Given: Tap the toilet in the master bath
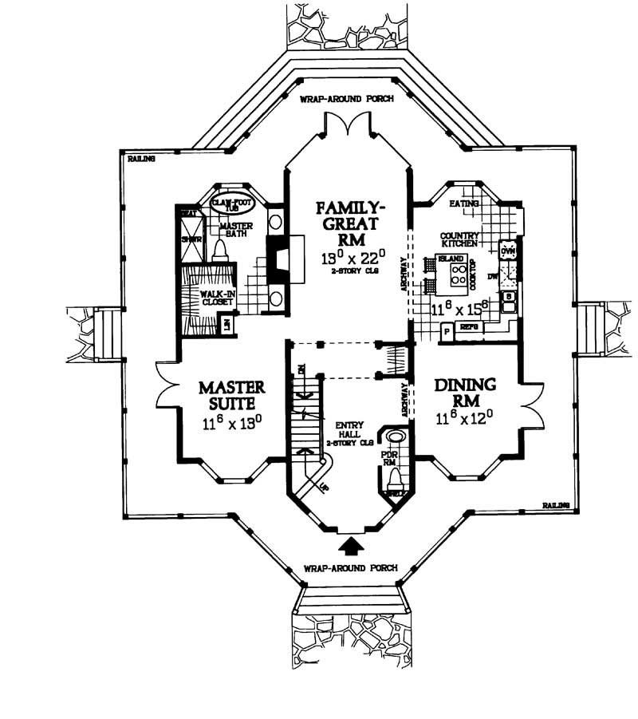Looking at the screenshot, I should (220, 248).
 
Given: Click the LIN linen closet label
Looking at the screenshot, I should (226, 323).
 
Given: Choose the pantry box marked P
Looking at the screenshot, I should (447, 330).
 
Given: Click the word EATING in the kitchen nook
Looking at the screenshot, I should (463, 204).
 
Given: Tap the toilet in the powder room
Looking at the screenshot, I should (395, 479).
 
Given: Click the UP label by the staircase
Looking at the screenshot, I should (323, 484).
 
